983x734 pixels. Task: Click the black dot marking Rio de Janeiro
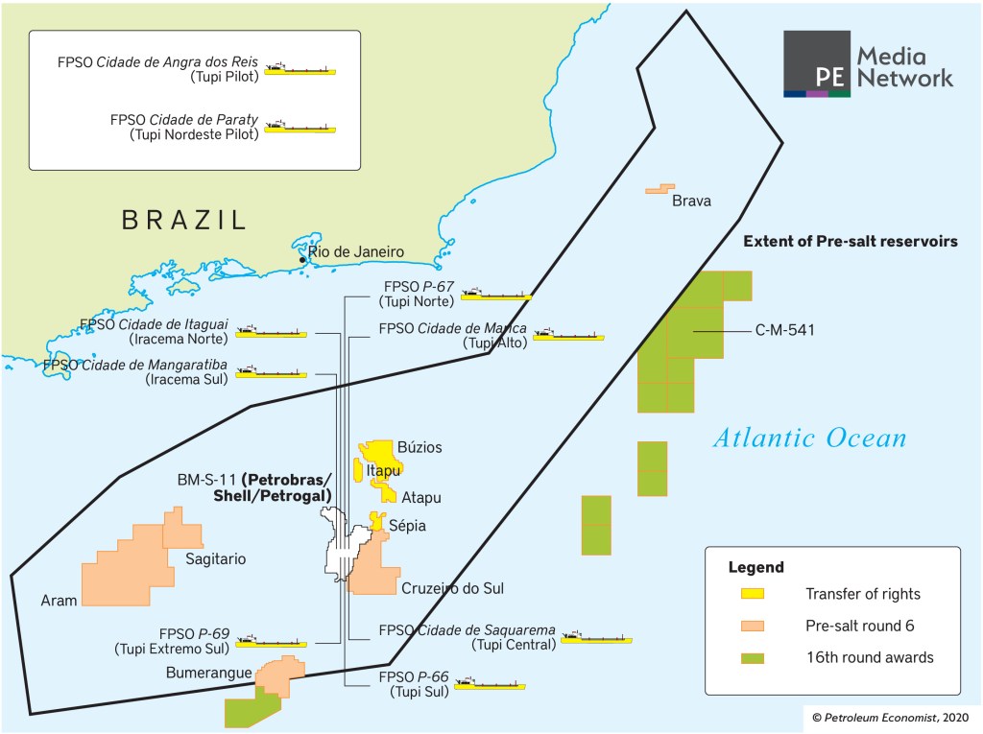pyautogui.click(x=302, y=260)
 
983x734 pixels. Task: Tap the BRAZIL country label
pyautogui.click(x=184, y=220)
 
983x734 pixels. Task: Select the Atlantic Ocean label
pyautogui.click(x=809, y=438)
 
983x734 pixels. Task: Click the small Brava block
pyautogui.click(x=659, y=189)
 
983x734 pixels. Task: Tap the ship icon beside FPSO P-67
pyautogui.click(x=495, y=295)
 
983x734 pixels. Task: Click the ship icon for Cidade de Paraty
pyautogui.click(x=300, y=127)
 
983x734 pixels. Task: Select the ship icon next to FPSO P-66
pyautogui.click(x=490, y=684)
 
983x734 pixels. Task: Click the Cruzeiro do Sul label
pyautogui.click(x=452, y=588)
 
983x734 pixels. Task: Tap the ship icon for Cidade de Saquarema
pyautogui.click(x=596, y=637)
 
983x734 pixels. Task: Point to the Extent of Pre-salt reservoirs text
pyautogui.click(x=850, y=243)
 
